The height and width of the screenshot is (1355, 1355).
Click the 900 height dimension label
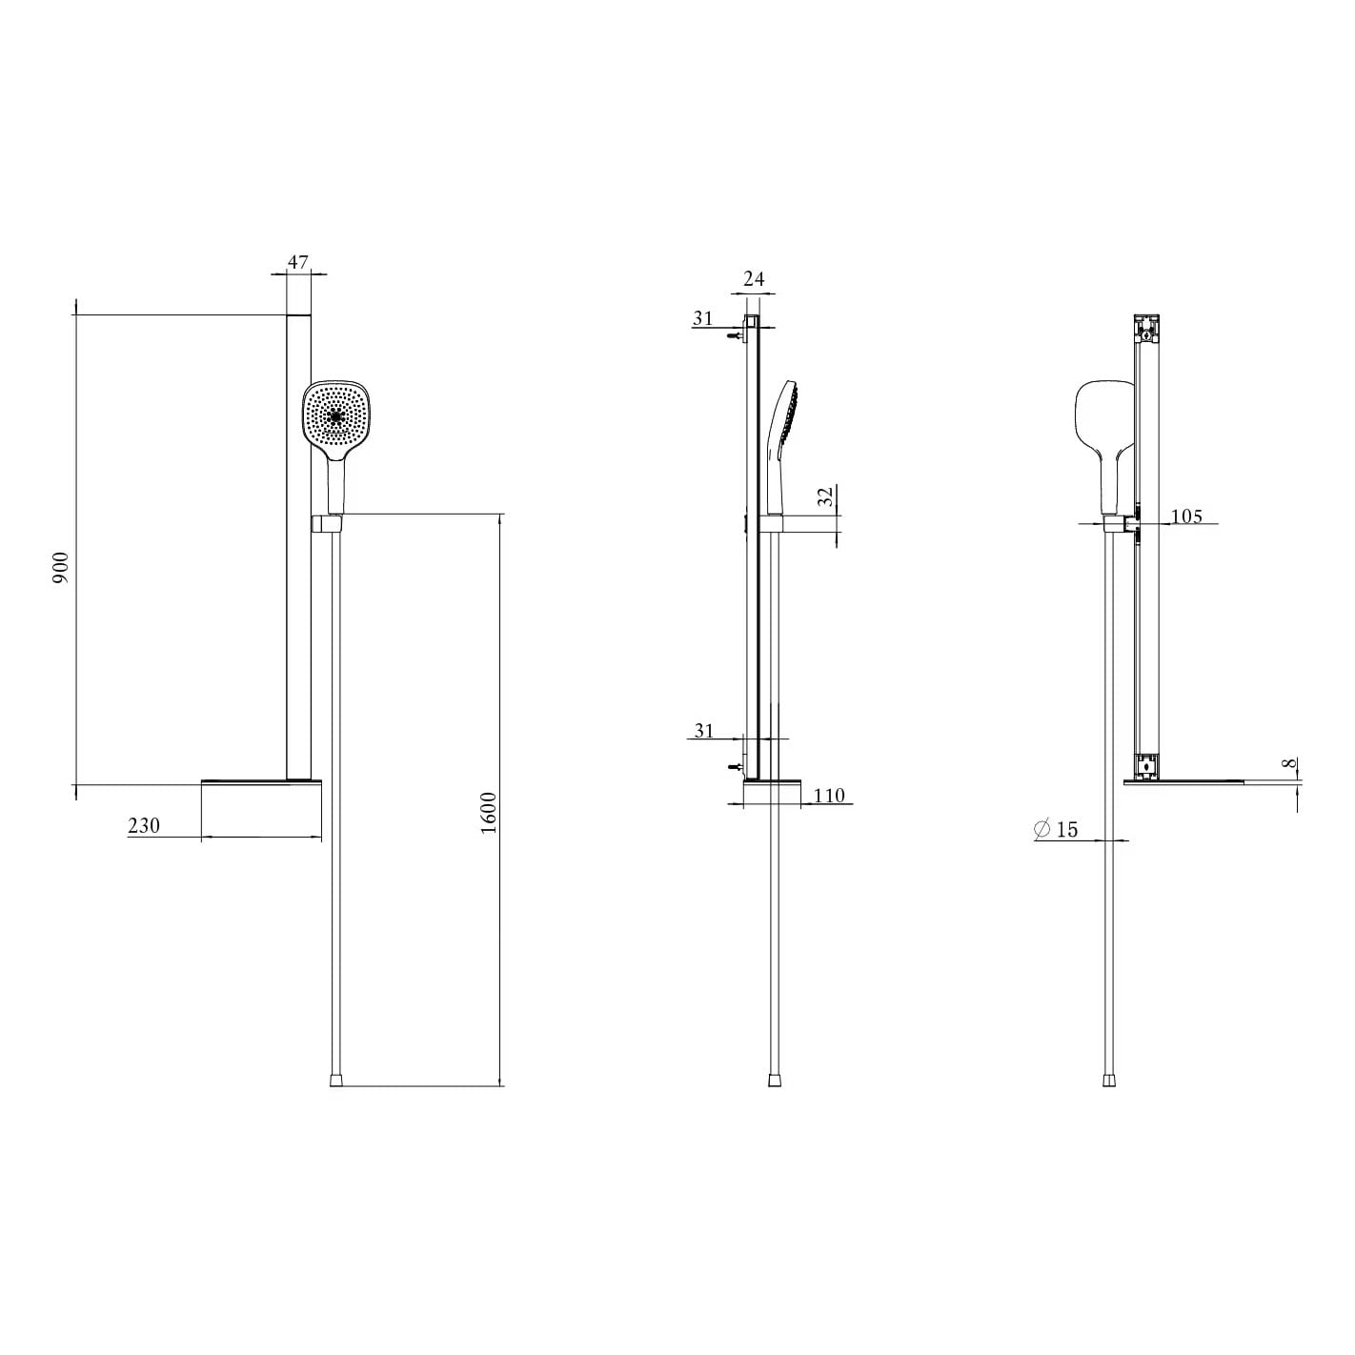[x=61, y=568]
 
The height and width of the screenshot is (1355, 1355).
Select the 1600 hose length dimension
[x=489, y=813]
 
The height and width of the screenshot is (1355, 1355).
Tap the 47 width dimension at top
[x=298, y=262]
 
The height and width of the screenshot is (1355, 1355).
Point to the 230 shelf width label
[x=144, y=825]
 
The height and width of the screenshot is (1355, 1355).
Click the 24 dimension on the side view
[x=754, y=279]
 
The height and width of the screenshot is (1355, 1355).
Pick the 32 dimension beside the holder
[x=826, y=495]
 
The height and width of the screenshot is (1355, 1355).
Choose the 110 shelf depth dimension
[x=829, y=796]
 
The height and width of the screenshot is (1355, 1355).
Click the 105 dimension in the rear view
[x=1187, y=516]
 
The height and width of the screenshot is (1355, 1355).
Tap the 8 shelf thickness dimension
[x=1289, y=763]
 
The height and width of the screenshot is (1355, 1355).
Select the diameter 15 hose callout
[x=1056, y=829]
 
